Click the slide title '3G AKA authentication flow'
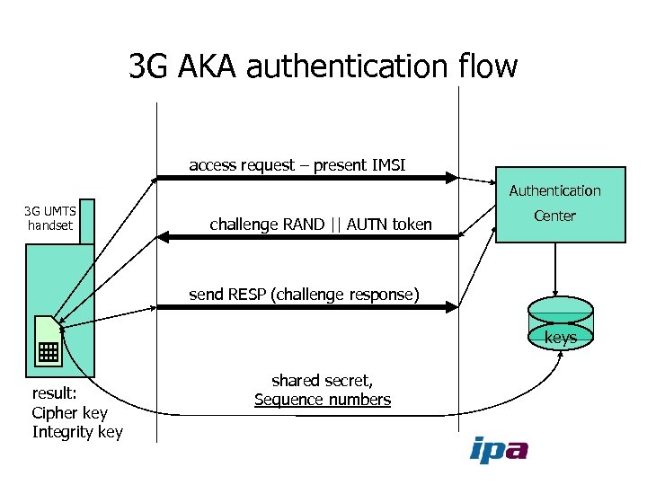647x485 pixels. click(x=323, y=66)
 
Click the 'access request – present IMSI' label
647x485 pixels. click(x=297, y=165)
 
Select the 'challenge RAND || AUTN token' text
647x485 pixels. click(x=320, y=225)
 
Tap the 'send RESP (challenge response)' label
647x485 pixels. click(x=304, y=293)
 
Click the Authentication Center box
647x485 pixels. click(x=561, y=205)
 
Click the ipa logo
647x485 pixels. click(x=499, y=449)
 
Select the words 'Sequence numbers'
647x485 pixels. click(x=323, y=401)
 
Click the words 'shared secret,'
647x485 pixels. click(x=323, y=382)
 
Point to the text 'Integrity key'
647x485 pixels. click(x=77, y=432)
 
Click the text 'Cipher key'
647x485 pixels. click(x=69, y=413)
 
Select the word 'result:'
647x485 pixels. click(x=54, y=394)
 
